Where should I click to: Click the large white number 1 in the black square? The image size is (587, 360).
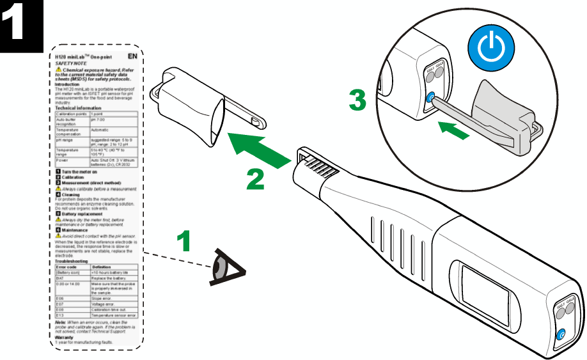(x=20, y=24)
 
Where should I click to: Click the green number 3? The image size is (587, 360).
(x=357, y=101)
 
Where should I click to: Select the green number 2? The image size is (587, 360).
(x=255, y=178)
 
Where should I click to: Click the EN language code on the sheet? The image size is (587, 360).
(x=133, y=56)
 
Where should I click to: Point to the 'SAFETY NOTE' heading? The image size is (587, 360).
(x=68, y=63)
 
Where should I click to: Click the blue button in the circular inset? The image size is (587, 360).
(x=430, y=98)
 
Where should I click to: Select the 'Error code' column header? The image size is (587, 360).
(x=67, y=267)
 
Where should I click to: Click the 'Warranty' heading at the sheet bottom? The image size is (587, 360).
(x=65, y=338)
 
